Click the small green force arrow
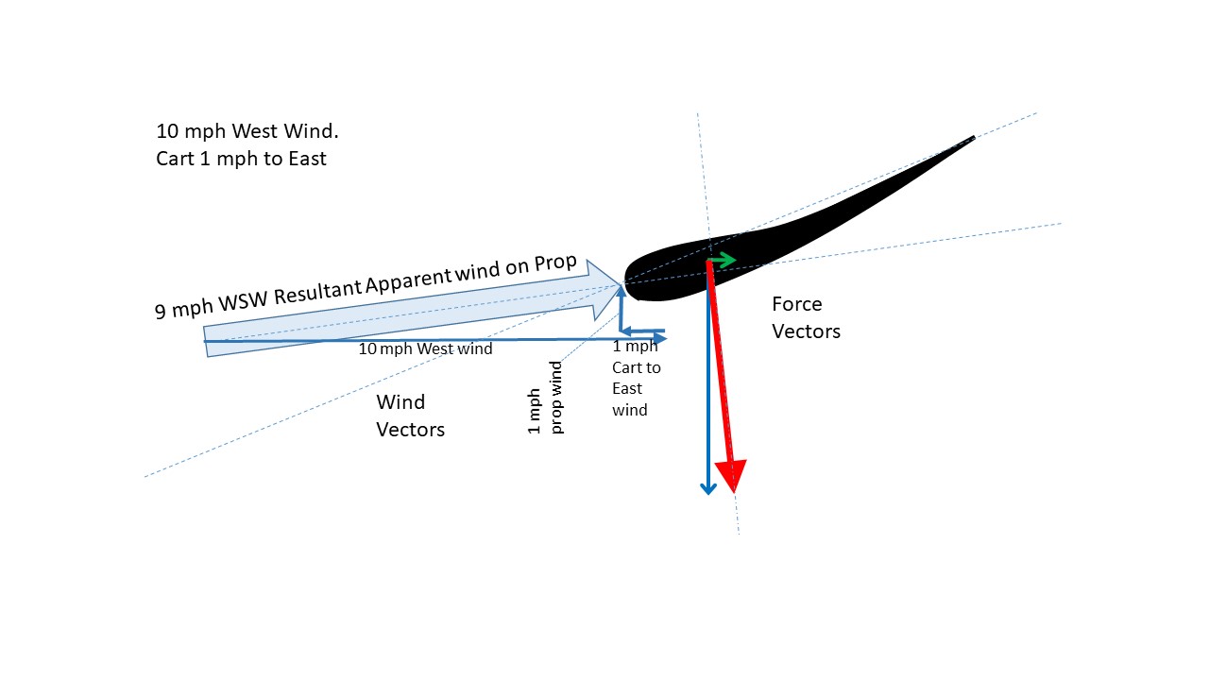(723, 260)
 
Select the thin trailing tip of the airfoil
(971, 140)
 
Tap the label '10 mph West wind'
(425, 348)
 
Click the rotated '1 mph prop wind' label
(546, 398)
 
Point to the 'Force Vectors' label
(806, 317)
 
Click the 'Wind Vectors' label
(410, 416)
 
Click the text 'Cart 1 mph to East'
(241, 159)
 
